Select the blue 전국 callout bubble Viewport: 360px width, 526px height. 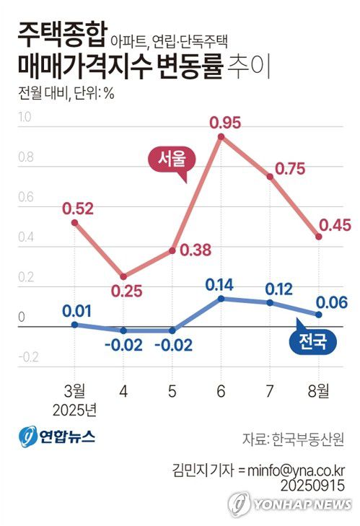point(312,341)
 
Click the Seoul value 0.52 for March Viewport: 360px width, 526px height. point(78,209)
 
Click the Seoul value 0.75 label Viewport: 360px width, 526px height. point(289,169)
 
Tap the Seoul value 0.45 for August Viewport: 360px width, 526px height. point(333,225)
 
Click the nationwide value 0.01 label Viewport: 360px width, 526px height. point(76,312)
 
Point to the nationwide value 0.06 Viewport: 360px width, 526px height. point(332,302)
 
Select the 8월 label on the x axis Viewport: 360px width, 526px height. point(318,391)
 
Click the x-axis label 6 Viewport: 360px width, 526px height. point(220,392)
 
